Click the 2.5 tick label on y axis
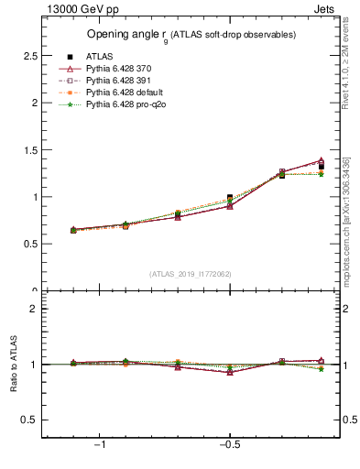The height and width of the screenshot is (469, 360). tap(30, 56)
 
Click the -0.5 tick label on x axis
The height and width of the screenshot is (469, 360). tap(229, 444)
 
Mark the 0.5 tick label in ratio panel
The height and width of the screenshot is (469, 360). tap(30, 420)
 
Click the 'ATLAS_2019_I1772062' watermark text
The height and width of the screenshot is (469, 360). tap(191, 274)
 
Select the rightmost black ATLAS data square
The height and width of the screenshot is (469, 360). tap(321, 167)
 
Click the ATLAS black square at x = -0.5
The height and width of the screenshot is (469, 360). tap(230, 198)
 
